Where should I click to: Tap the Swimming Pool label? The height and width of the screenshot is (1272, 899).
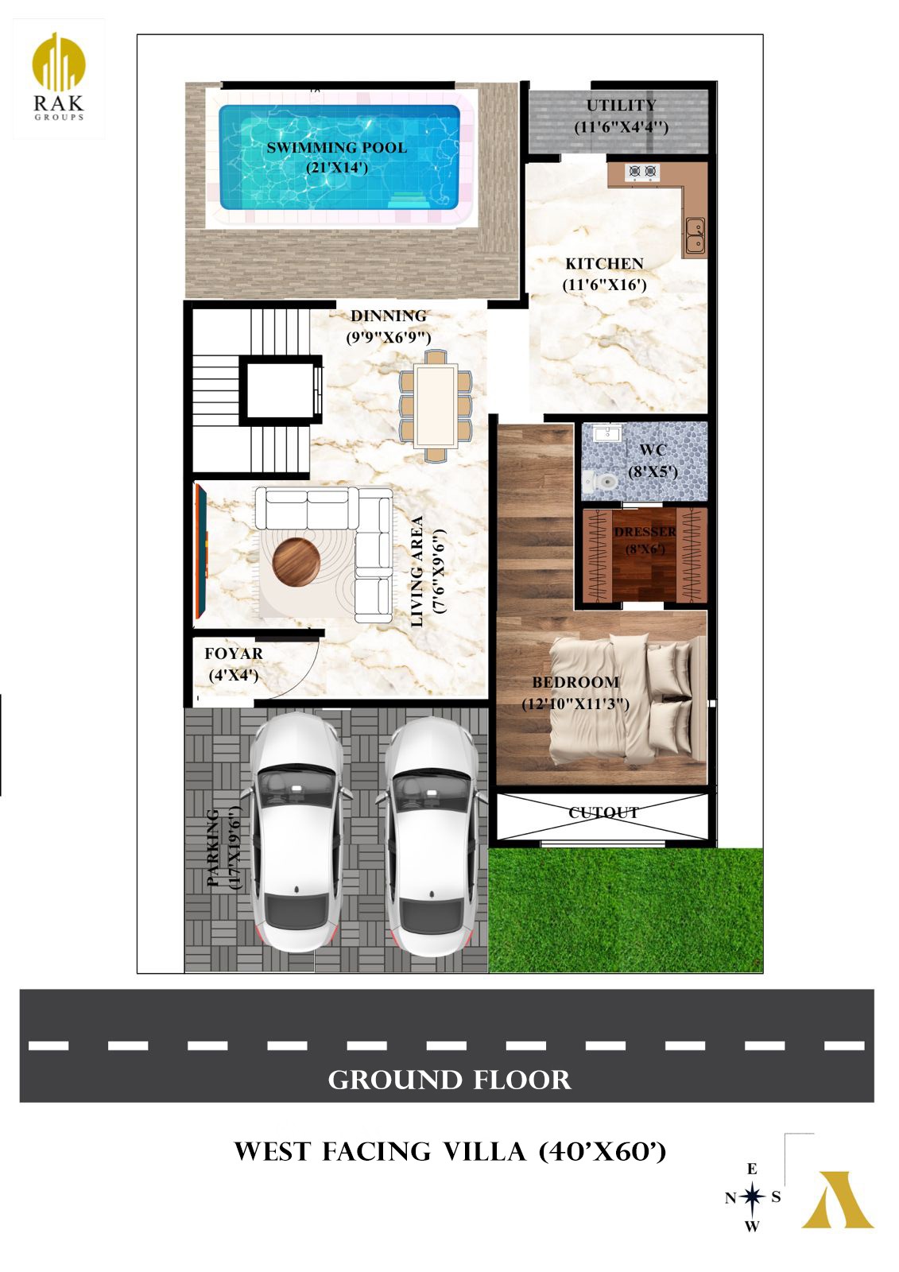(337, 157)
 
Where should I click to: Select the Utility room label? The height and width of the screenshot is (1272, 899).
(621, 116)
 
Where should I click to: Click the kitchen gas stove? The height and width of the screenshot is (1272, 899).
(642, 170)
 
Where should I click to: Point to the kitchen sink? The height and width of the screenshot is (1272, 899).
(695, 235)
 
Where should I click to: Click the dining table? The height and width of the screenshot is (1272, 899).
(435, 405)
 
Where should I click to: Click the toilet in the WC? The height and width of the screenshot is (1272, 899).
(599, 482)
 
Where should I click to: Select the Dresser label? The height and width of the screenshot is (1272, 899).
(645, 540)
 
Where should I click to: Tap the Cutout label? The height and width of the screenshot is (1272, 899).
(603, 812)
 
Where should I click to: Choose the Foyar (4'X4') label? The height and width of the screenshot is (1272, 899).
(234, 664)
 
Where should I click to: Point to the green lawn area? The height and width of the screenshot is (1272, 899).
(626, 909)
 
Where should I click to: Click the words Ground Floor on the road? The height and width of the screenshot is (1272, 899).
(449, 1080)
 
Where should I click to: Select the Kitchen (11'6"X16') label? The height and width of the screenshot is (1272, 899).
(604, 273)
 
